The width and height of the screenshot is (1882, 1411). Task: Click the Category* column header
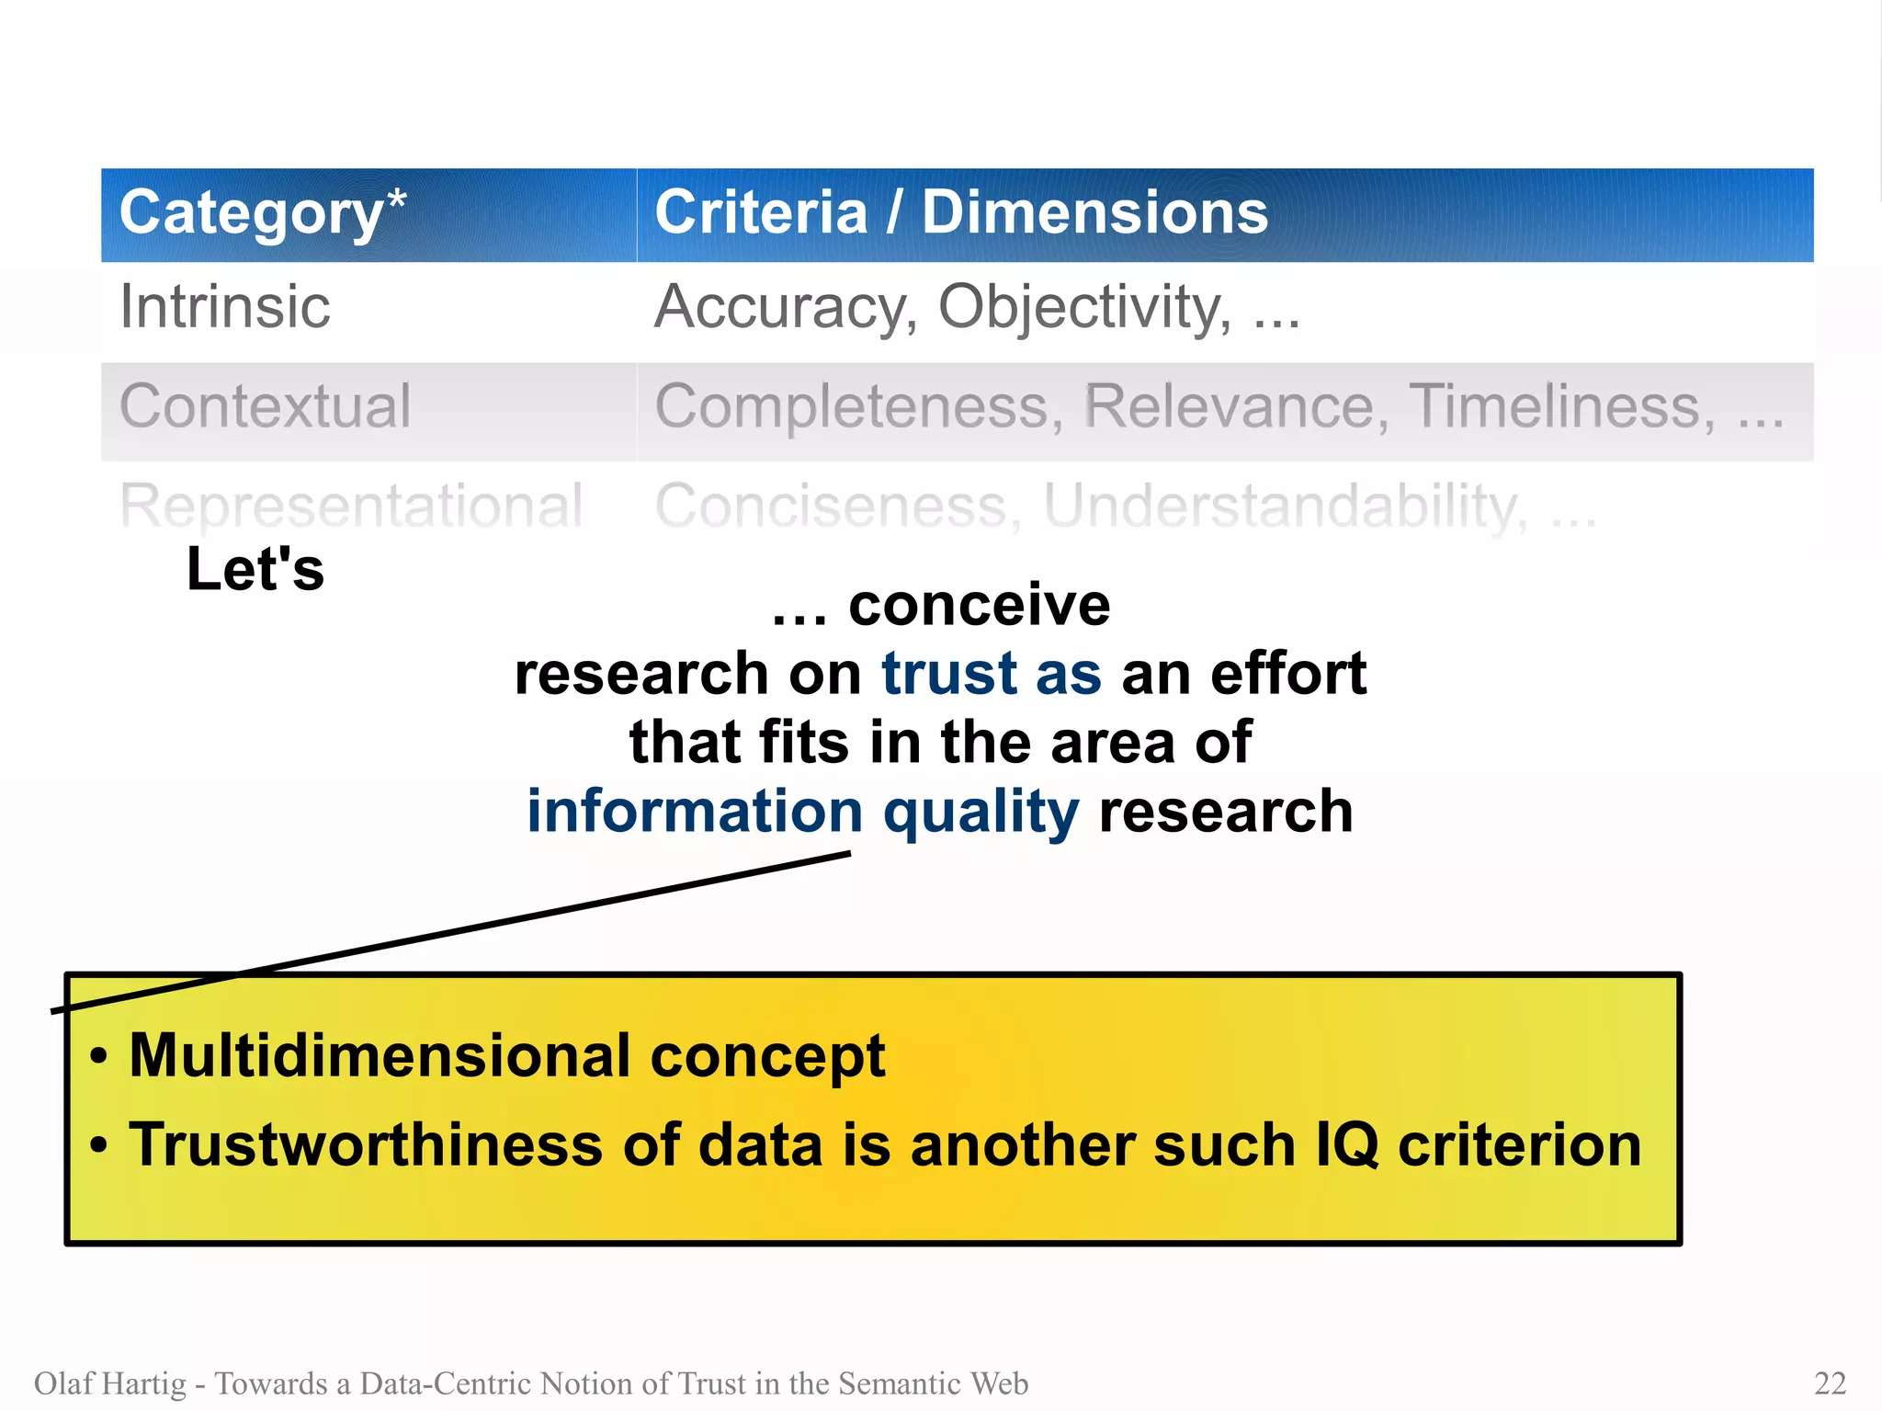[262, 213]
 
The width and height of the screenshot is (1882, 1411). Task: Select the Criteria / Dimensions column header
[960, 213]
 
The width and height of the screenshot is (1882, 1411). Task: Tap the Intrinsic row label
[225, 306]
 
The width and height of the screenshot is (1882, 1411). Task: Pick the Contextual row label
[265, 406]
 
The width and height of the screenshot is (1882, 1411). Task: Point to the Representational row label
[351, 506]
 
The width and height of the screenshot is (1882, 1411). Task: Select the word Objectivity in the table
[1084, 306]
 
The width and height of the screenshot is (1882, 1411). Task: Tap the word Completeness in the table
[858, 406]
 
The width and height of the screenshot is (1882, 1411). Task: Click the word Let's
[255, 569]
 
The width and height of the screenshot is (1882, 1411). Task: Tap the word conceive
[979, 605]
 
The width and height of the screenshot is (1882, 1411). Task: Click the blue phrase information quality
[802, 812]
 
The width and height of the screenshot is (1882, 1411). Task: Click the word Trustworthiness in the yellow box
[365, 1145]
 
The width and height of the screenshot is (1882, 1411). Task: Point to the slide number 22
[1830, 1383]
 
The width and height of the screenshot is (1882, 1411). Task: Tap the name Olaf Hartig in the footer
[109, 1383]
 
